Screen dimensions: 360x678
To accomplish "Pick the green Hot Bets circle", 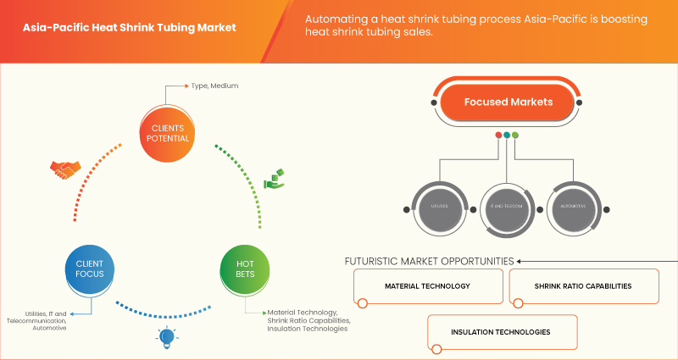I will [246, 270].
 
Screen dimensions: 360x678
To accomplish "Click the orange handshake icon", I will [64, 169].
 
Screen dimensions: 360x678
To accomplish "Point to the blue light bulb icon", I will [166, 339].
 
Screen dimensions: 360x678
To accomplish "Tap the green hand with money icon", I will [274, 180].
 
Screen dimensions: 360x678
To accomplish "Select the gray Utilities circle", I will [439, 206].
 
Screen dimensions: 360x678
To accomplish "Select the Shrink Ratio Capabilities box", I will [583, 286].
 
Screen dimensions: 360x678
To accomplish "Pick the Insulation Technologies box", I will [503, 331].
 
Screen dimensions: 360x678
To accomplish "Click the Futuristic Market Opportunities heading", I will [429, 261].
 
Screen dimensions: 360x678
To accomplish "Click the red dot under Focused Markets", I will [498, 135].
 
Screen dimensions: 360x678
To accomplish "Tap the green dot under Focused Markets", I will [515, 135].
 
